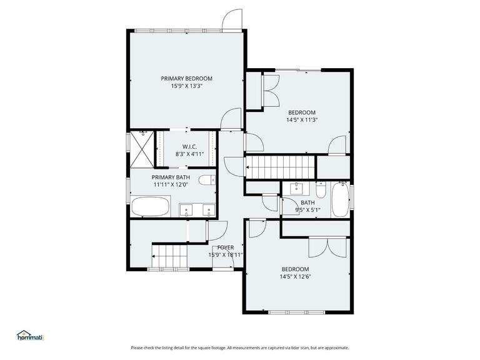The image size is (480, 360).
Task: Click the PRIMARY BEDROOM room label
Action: [x=186, y=78]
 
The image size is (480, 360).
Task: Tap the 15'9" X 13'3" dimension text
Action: [x=186, y=86]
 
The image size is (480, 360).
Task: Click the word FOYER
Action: [x=226, y=247]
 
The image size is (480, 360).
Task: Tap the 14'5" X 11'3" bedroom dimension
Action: [x=302, y=120]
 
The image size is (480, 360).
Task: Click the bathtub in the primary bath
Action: [x=150, y=206]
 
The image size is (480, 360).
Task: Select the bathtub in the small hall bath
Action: [x=340, y=199]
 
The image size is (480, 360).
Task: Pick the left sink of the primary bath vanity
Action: [x=186, y=210]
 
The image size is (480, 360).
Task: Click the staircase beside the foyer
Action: [x=169, y=254]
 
